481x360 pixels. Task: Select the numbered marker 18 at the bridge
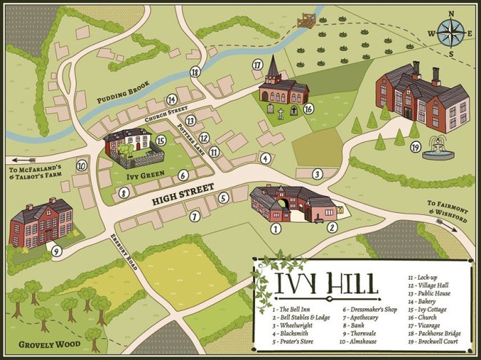click(195, 71)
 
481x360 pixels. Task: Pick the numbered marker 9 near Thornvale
click(56, 251)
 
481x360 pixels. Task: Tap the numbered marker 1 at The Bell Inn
click(275, 228)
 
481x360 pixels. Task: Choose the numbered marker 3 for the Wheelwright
click(317, 173)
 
